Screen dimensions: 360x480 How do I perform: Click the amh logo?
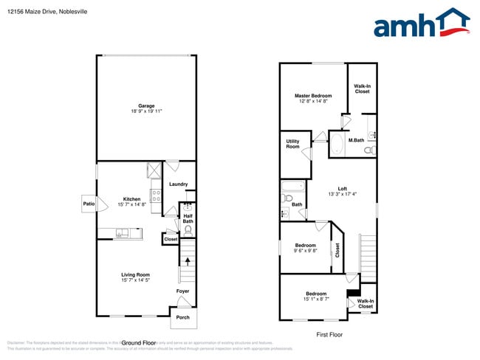coord(421,24)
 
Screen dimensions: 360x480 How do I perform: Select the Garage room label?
coord(146,105)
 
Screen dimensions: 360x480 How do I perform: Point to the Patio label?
coord(89,204)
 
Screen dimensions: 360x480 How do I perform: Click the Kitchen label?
coord(131,199)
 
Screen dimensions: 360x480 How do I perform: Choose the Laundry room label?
coord(178,184)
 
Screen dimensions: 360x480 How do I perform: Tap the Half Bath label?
coord(188,218)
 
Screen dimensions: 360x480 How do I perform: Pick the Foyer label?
coord(182,291)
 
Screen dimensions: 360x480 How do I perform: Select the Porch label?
coord(182,318)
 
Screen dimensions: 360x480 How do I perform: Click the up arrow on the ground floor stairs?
coord(188,260)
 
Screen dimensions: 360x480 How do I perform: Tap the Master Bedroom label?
coord(313,96)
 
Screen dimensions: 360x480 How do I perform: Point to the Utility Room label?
coord(292,143)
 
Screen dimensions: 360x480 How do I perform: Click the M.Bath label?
coord(356,140)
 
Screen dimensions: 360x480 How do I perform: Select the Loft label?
coord(342,188)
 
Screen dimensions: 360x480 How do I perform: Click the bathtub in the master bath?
coord(337,144)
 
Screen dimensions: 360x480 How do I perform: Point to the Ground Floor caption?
coord(138,343)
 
